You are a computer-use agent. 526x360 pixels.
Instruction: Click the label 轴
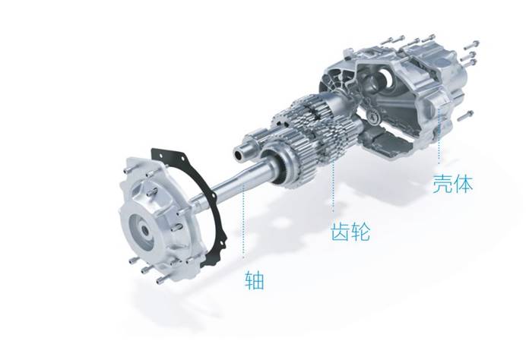click(x=255, y=280)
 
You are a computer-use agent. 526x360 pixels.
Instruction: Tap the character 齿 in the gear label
click(x=340, y=231)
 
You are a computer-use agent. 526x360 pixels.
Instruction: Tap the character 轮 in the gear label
click(x=360, y=231)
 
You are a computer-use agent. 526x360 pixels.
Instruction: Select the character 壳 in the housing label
click(x=442, y=183)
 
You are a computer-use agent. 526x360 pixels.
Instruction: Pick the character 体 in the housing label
click(x=463, y=183)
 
